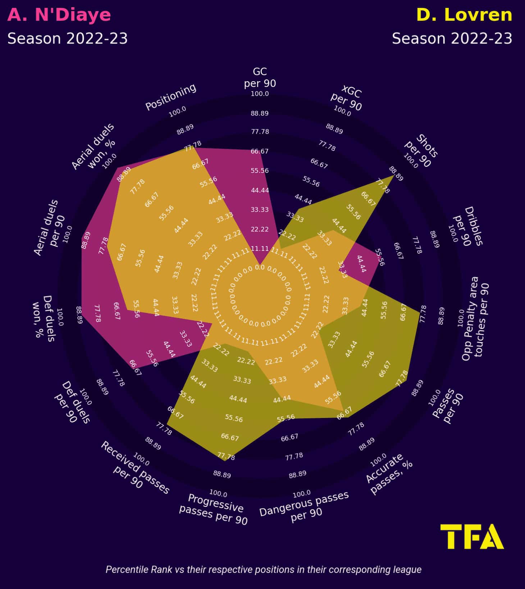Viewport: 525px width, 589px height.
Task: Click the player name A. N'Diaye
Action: pos(59,15)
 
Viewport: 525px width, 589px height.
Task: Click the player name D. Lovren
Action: pos(464,15)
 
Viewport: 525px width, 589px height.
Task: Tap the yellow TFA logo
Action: pos(472,536)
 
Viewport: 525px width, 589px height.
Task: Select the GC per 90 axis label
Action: pos(260,77)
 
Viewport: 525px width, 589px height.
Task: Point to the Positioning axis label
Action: pos(170,97)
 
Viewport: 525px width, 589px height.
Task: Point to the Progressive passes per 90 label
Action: pos(214,510)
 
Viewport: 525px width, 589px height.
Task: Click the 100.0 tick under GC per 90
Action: pos(260,94)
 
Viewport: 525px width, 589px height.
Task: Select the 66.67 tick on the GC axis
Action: pos(260,151)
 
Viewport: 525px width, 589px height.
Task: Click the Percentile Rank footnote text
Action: pos(263,570)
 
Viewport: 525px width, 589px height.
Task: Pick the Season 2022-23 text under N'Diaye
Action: pos(68,38)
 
